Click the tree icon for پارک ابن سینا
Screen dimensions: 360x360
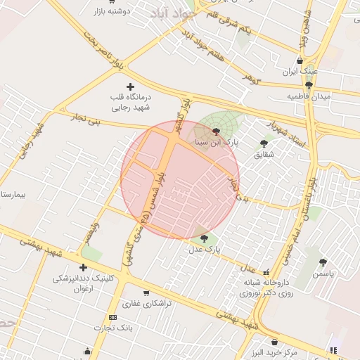click(x=216, y=131)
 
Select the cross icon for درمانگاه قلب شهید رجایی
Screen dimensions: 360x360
click(x=130, y=86)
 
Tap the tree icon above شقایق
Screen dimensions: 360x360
click(x=264, y=143)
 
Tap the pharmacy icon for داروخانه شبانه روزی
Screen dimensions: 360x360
click(x=266, y=271)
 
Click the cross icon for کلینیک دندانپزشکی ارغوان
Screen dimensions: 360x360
click(x=84, y=267)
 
